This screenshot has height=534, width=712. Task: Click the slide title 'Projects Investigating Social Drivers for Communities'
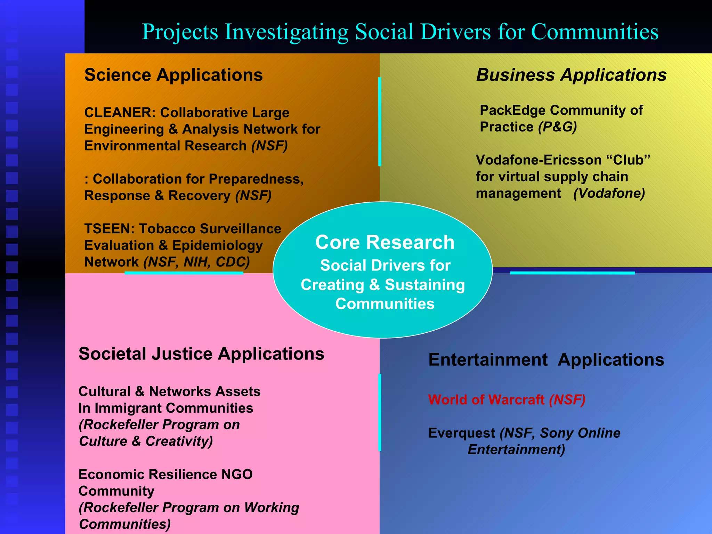400,32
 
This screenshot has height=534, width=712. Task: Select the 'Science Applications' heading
173,75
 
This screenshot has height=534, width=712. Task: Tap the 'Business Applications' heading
571,75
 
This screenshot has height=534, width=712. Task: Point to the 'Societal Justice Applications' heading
201,354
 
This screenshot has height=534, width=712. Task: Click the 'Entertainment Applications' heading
546,360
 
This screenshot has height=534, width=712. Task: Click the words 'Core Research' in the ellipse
385,242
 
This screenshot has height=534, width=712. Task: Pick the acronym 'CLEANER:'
120,113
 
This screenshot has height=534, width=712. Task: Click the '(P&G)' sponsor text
557,127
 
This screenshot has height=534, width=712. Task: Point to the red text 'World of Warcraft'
486,400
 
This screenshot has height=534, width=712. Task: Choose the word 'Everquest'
462,433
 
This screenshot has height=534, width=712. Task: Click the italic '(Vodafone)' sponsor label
609,193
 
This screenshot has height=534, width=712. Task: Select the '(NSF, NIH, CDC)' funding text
197,262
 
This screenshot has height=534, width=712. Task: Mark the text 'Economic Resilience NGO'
165,475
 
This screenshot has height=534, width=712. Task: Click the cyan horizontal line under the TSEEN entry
184,273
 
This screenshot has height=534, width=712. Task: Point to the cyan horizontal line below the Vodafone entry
572,273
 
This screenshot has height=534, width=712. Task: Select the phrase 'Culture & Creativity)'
146,442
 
